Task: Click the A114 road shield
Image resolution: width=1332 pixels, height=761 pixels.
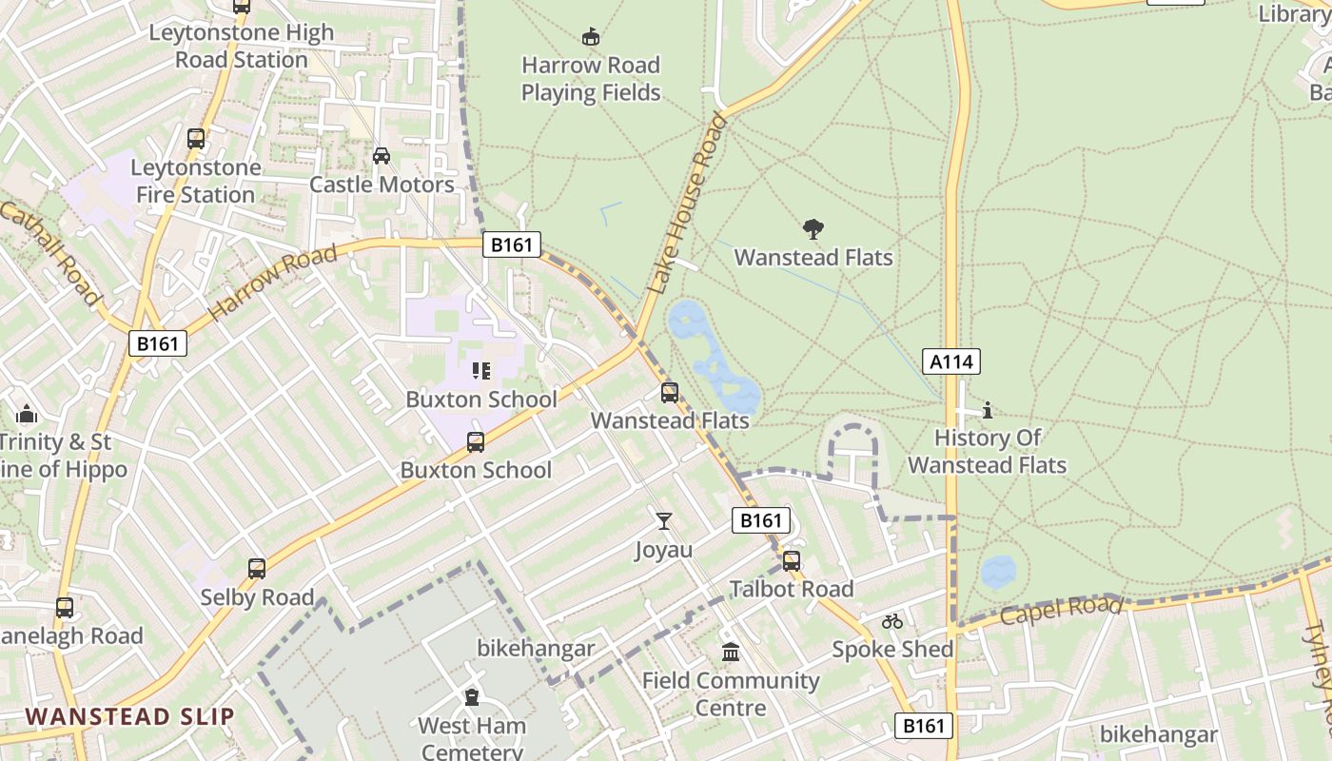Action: pyautogui.click(x=951, y=361)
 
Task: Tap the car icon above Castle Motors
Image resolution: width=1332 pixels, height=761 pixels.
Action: pyautogui.click(x=382, y=155)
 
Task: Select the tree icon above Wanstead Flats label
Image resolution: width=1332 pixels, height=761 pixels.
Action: pyautogui.click(x=813, y=229)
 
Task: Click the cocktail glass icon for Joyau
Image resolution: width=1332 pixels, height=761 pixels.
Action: pyautogui.click(x=664, y=521)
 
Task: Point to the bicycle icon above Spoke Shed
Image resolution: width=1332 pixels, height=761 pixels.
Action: pyautogui.click(x=891, y=621)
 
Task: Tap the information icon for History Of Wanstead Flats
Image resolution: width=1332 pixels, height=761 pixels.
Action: pyautogui.click(x=988, y=410)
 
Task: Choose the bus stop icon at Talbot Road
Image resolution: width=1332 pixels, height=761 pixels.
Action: pyautogui.click(x=792, y=561)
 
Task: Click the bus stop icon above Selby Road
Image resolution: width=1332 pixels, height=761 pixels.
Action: pyautogui.click(x=257, y=569)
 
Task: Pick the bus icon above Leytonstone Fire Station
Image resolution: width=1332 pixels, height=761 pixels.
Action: pyautogui.click(x=196, y=139)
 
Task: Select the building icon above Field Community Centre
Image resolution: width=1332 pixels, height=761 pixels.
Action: pyautogui.click(x=731, y=653)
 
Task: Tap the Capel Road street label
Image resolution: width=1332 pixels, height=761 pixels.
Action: pyautogui.click(x=1061, y=610)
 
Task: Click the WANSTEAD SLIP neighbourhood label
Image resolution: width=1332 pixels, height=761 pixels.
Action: pyautogui.click(x=129, y=716)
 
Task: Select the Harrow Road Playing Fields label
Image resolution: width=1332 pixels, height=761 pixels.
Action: pyautogui.click(x=591, y=79)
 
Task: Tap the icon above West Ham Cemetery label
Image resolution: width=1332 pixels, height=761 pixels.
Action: pyautogui.click(x=472, y=697)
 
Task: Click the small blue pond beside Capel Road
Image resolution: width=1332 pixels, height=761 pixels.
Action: pyautogui.click(x=998, y=572)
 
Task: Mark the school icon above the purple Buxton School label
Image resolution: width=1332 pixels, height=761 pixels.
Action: pyautogui.click(x=481, y=370)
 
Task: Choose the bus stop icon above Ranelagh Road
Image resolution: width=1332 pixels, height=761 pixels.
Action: pyautogui.click(x=65, y=607)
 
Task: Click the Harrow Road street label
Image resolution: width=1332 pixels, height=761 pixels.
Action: pyautogui.click(x=272, y=283)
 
